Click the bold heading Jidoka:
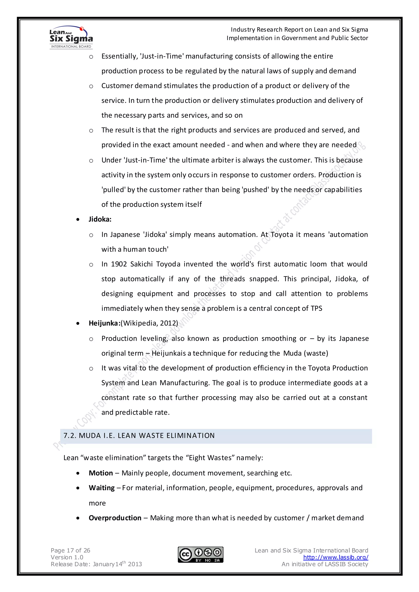tap(100, 219)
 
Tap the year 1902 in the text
tap(119, 264)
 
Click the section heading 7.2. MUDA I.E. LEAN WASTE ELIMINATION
tap(139, 436)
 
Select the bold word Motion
tap(101, 473)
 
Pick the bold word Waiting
tap(102, 488)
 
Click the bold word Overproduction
tap(115, 518)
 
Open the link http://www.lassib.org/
tap(336, 557)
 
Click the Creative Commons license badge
tap(200, 555)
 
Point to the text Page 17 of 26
tap(70, 551)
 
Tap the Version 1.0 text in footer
tap(67, 557)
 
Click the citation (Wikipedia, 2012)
tap(149, 323)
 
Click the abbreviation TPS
tap(316, 309)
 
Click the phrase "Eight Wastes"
tap(210, 458)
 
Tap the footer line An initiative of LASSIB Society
tap(325, 564)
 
